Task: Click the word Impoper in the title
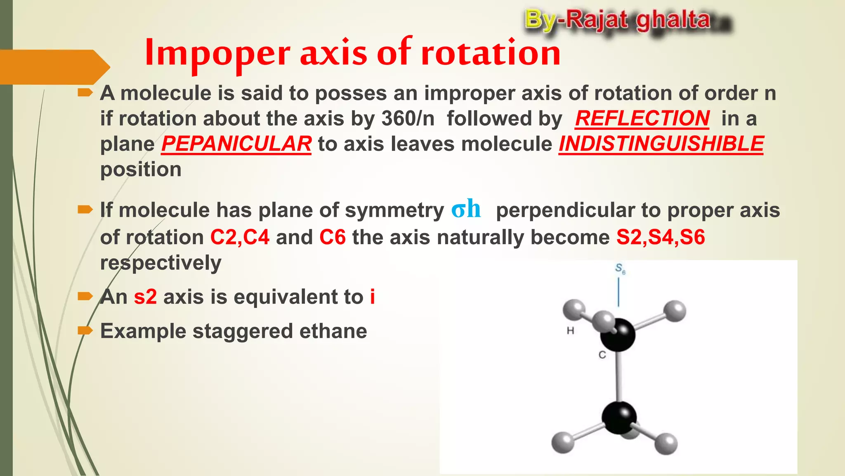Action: pyautogui.click(x=218, y=53)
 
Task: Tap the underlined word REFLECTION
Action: pyautogui.click(x=642, y=119)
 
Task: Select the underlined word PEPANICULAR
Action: pyautogui.click(x=236, y=144)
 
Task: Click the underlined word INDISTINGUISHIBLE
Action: pyautogui.click(x=661, y=144)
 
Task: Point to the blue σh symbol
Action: pyautogui.click(x=466, y=209)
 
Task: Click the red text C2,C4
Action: pyautogui.click(x=240, y=238)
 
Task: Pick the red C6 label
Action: pyautogui.click(x=333, y=238)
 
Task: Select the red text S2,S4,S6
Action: pyautogui.click(x=661, y=238)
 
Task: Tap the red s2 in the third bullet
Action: pyautogui.click(x=145, y=297)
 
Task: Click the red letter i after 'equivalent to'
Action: pyautogui.click(x=373, y=297)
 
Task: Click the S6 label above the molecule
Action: pyautogui.click(x=620, y=269)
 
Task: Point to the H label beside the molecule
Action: pyautogui.click(x=571, y=331)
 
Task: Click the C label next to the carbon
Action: pyautogui.click(x=602, y=355)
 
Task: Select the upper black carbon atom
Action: pyautogui.click(x=618, y=335)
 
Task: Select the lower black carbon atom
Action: pyautogui.click(x=618, y=418)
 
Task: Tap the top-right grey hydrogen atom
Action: pyautogui.click(x=675, y=311)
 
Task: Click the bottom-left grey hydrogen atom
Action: pyautogui.click(x=563, y=443)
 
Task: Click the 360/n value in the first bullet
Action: pyautogui.click(x=408, y=119)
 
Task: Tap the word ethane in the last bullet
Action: pyautogui.click(x=333, y=331)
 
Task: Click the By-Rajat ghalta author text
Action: pyautogui.click(x=618, y=20)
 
